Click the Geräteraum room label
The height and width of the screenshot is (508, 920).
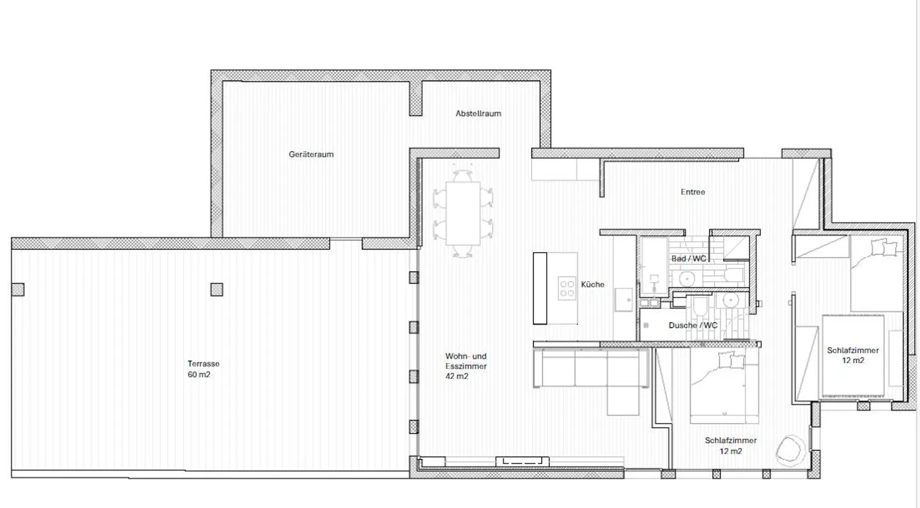311,154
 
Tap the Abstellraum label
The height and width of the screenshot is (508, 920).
478,114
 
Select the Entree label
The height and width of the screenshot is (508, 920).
693,191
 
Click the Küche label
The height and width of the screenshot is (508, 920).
592,285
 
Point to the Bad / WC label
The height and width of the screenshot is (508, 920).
689,258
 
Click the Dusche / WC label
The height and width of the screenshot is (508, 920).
693,325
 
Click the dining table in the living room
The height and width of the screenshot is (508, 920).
463,213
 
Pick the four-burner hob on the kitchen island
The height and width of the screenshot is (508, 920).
567,288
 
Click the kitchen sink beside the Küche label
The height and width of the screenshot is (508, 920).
623,298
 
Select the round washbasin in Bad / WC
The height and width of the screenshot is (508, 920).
687,279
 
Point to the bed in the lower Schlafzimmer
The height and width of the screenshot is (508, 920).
724,389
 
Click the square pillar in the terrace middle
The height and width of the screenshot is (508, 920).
217,289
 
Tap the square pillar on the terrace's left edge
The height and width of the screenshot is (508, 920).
19,289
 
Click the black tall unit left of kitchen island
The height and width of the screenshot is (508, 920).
540,288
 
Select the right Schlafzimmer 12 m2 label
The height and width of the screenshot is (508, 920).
853,355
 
